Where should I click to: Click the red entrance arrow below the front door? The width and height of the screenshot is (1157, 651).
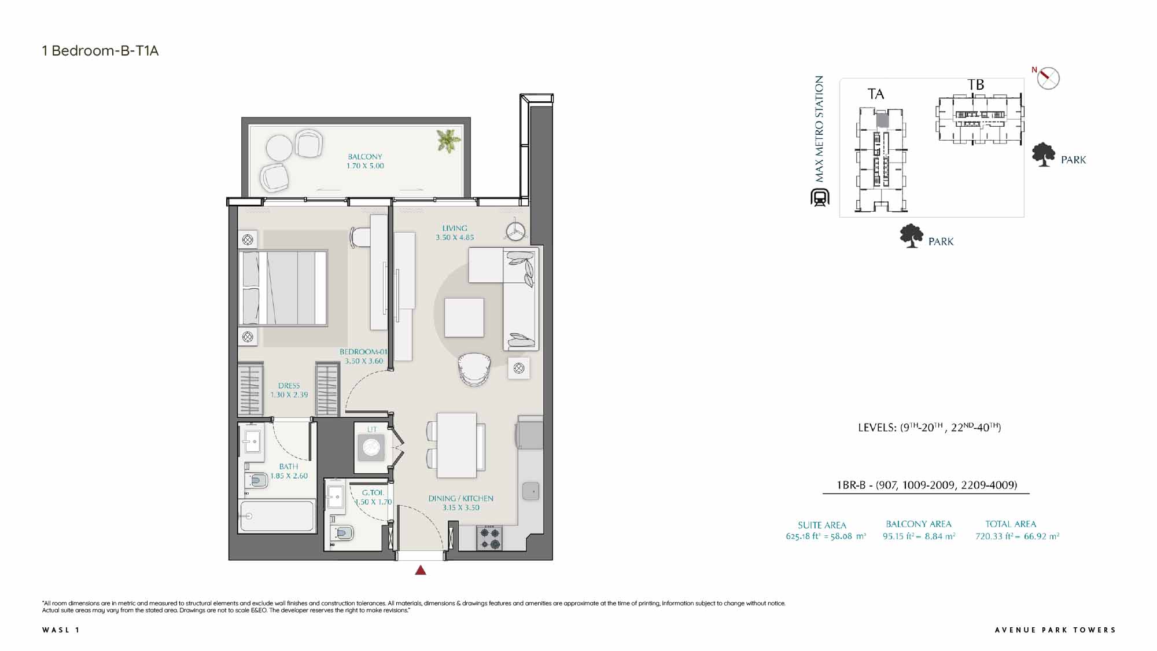click(421, 570)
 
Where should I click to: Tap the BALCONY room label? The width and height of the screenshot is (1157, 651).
click(365, 157)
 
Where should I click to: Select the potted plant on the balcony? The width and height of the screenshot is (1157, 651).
click(448, 141)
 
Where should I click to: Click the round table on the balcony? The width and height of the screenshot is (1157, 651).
click(279, 148)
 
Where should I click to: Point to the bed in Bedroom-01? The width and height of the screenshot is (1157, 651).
click(283, 288)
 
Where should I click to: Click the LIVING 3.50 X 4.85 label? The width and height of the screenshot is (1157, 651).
click(455, 233)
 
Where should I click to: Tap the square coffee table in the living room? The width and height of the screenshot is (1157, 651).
click(464, 317)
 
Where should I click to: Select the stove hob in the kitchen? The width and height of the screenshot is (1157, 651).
click(489, 538)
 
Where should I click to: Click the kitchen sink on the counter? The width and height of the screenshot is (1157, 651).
click(530, 491)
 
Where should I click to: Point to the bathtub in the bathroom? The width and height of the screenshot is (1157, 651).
click(277, 516)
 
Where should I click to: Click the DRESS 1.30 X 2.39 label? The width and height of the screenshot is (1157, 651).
click(289, 390)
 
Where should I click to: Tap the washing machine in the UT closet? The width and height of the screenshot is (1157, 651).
click(371, 447)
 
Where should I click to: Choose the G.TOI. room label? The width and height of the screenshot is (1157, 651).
click(373, 492)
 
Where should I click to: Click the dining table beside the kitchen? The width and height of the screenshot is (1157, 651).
click(456, 445)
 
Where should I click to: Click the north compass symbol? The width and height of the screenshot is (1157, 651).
click(1048, 78)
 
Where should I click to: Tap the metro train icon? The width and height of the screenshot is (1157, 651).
click(820, 197)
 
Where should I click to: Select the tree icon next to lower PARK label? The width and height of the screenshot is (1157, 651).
click(912, 236)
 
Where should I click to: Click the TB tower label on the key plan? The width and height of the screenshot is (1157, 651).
click(976, 85)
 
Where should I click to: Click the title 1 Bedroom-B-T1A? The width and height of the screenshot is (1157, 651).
click(100, 51)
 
